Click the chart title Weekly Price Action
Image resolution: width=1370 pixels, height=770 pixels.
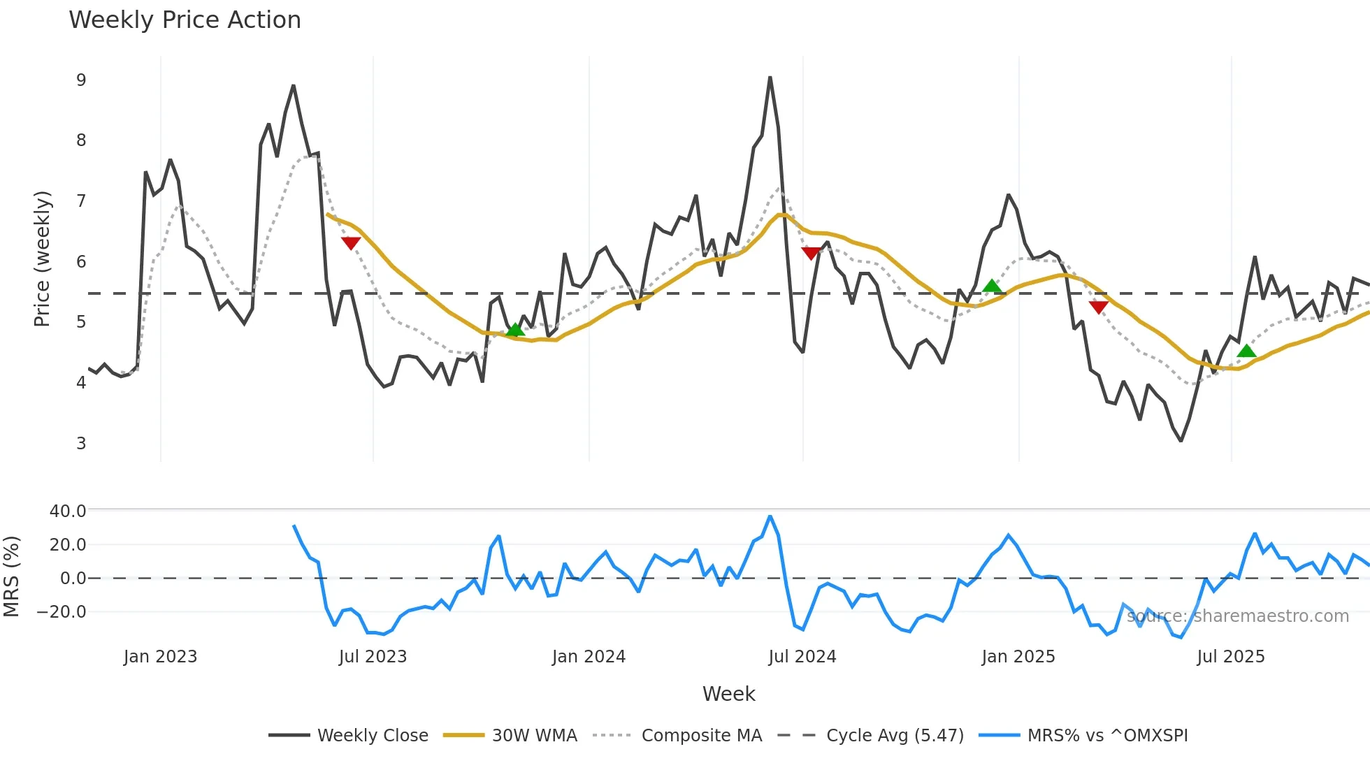[185, 20]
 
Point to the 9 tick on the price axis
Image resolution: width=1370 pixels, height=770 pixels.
[81, 80]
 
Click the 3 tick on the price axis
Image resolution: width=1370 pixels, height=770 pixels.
[81, 443]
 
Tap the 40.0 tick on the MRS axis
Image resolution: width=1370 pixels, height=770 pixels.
[68, 511]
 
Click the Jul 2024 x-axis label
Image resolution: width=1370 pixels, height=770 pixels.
[802, 657]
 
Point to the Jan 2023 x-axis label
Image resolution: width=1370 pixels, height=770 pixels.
[160, 657]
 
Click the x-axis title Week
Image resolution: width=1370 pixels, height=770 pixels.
[728, 694]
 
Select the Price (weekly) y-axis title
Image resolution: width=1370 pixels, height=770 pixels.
[42, 259]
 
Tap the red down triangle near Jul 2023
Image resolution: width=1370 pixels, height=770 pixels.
[350, 243]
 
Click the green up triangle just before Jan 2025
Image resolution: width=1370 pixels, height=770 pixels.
[991, 286]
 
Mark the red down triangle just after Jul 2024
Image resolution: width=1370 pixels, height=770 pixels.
[811, 253]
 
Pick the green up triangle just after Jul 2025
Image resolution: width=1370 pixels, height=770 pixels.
[1246, 351]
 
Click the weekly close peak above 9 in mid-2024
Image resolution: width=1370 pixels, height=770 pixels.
[770, 78]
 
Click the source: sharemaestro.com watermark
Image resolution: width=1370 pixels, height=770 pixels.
[1237, 616]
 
